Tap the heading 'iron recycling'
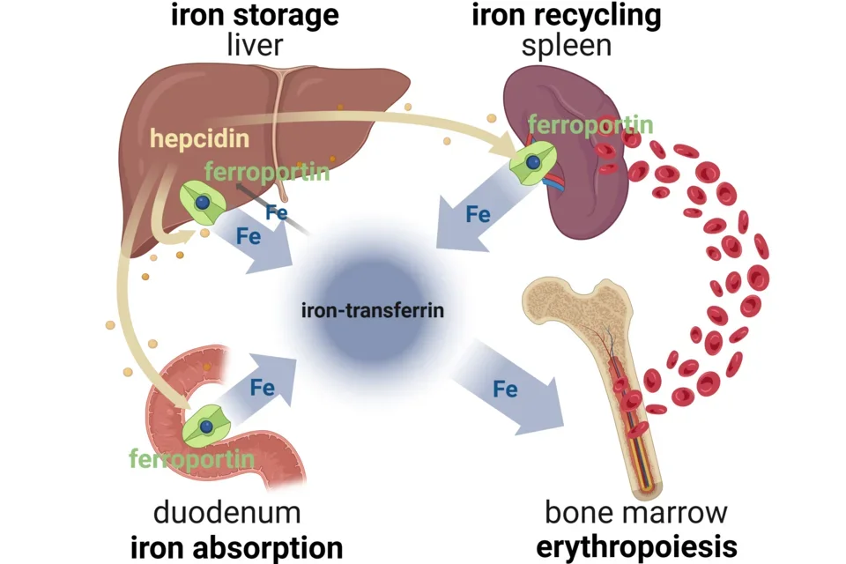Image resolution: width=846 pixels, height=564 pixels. (567, 17)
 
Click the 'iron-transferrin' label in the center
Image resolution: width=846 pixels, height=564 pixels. (372, 310)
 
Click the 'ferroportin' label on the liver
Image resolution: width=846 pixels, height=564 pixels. (266, 171)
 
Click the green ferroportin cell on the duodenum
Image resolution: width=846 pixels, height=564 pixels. (206, 425)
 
